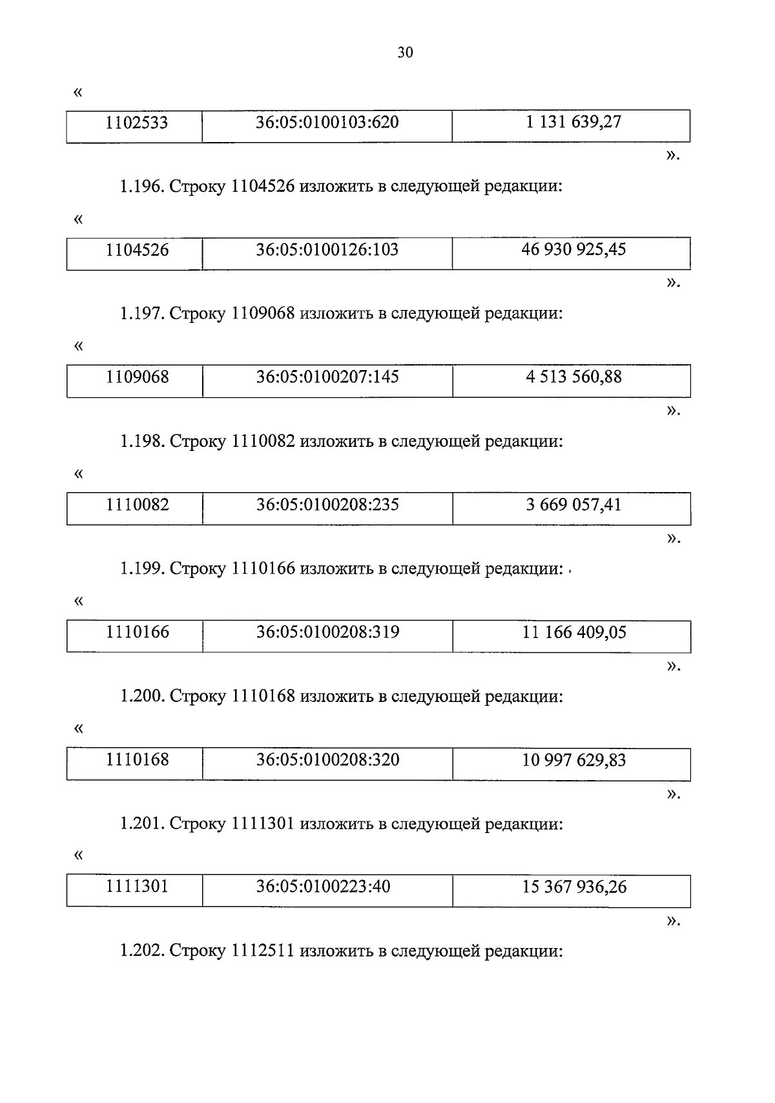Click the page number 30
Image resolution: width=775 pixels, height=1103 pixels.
405,53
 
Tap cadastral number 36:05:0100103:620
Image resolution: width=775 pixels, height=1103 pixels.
327,122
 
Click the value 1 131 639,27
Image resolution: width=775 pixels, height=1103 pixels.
573,122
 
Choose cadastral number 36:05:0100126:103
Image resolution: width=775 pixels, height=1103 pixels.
327,249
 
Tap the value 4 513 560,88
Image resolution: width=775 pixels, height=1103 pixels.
573,377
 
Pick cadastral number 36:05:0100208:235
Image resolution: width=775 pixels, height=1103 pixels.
327,505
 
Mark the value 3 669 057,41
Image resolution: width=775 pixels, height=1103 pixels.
573,505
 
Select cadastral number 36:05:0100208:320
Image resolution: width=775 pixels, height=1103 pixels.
327,760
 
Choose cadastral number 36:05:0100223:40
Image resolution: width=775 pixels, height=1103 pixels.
323,887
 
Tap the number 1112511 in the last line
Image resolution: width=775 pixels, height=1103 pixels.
263,951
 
